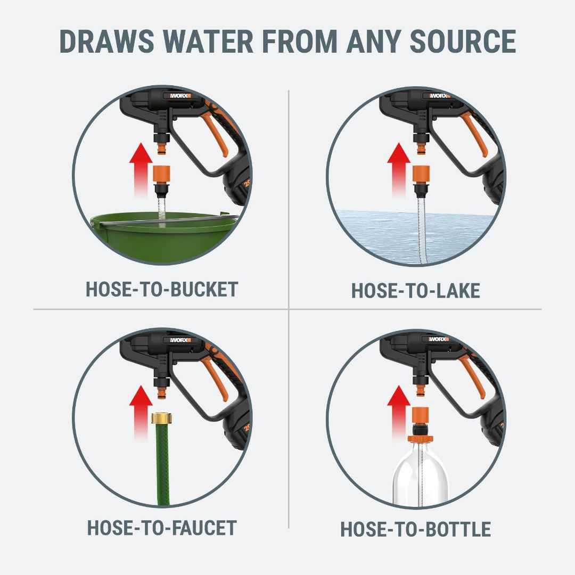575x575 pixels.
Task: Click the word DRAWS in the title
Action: point(106,41)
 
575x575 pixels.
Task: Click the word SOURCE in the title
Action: point(463,41)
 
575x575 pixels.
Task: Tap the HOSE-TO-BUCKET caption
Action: point(162,290)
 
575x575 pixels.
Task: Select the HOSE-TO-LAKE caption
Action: point(416,291)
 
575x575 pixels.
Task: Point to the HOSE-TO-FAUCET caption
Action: point(162,528)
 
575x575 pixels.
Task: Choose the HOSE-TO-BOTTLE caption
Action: point(415,530)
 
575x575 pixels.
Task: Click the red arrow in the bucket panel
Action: point(141,169)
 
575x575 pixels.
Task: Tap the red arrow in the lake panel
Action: point(399,169)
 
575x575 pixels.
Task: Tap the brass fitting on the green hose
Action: point(162,418)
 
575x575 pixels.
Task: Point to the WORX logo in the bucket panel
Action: point(180,96)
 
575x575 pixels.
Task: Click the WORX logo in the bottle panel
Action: point(439,339)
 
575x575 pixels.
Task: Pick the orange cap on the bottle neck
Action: point(420,438)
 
